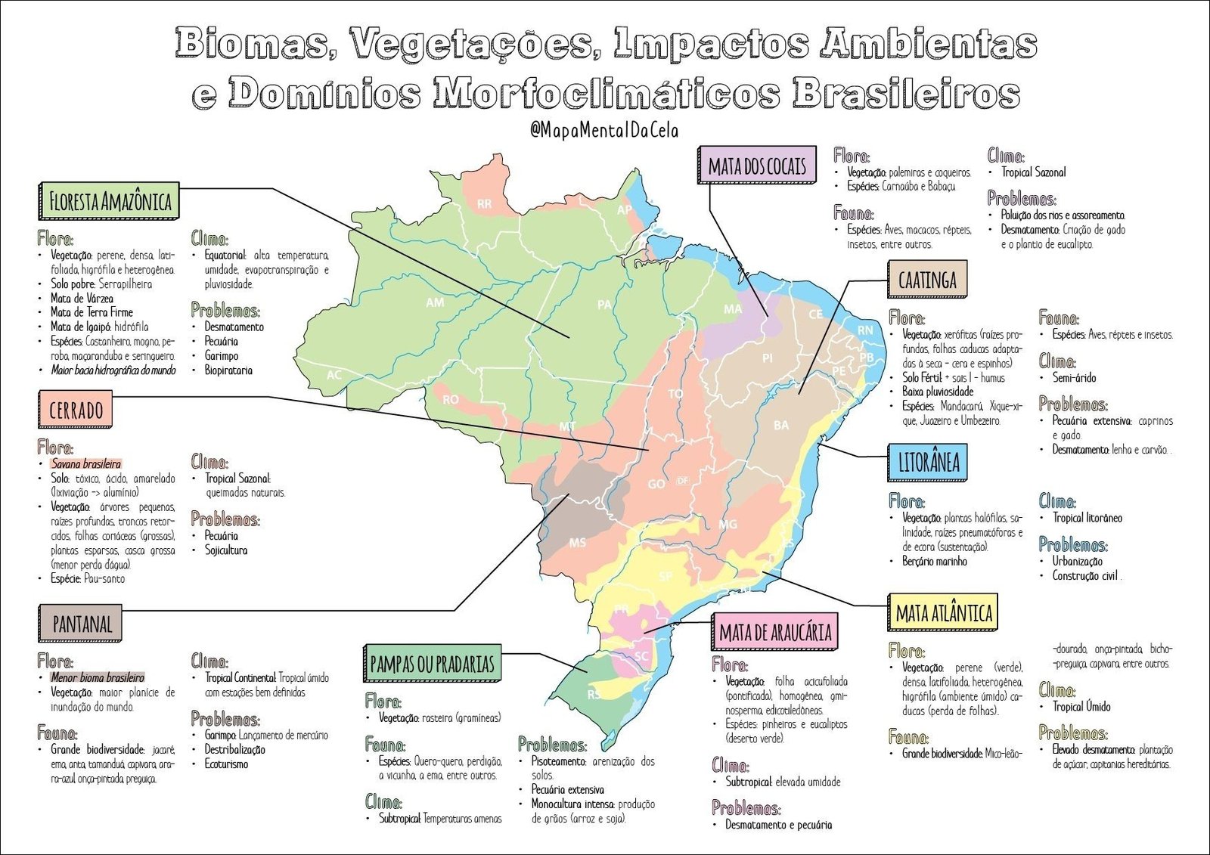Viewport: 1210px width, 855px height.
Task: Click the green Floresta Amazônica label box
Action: click(109, 201)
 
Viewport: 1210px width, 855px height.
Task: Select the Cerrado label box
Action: click(76, 410)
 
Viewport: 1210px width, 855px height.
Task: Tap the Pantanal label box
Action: click(81, 624)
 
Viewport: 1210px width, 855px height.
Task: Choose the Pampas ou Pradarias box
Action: click(432, 664)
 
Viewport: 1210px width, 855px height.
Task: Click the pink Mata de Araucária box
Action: click(774, 633)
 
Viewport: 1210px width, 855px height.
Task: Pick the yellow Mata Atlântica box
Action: click(942, 613)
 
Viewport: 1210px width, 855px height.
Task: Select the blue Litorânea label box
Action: click(928, 463)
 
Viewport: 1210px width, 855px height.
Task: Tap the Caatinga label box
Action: click(927, 280)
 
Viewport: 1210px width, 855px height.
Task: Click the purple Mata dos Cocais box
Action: click(756, 166)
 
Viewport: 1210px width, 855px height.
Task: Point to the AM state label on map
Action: click(435, 302)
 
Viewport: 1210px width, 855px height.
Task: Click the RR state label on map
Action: click(484, 204)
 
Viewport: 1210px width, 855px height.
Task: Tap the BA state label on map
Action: click(781, 426)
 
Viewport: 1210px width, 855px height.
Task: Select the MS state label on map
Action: click(577, 543)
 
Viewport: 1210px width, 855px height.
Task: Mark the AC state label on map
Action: click(334, 375)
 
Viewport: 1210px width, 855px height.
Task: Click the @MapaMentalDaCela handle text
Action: click(604, 130)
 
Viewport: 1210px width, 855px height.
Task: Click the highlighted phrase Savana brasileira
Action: click(85, 463)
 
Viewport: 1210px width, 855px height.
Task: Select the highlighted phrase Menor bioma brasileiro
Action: click(97, 677)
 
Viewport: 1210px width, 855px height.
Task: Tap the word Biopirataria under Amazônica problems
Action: click(228, 370)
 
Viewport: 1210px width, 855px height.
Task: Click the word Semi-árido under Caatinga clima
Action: click(1074, 377)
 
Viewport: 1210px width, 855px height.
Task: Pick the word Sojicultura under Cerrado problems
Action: click(226, 550)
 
